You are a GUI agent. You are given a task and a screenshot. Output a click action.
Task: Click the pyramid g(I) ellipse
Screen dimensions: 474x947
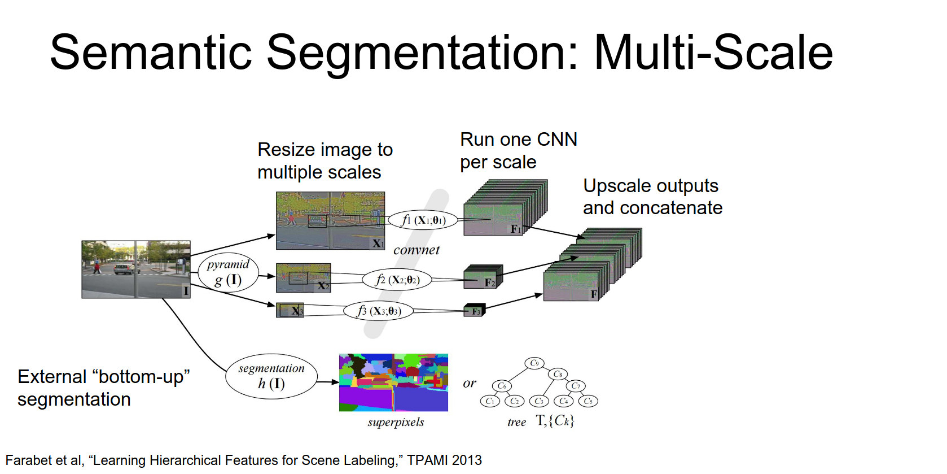(228, 273)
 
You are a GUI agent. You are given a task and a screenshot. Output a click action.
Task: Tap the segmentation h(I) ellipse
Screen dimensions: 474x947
(271, 376)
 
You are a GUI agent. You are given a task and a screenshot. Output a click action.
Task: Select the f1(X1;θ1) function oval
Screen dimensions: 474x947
(423, 220)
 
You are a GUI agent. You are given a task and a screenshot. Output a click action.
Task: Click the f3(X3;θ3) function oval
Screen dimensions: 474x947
(378, 311)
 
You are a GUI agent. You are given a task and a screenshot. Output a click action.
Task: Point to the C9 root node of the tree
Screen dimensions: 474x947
(534, 363)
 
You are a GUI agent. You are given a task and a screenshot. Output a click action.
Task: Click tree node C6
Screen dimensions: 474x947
(502, 386)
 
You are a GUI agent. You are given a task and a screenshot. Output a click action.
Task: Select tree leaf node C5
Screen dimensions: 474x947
(588, 401)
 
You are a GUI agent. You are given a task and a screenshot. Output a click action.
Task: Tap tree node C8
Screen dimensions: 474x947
(558, 374)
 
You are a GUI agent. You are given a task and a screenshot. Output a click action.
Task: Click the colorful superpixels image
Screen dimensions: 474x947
(393, 382)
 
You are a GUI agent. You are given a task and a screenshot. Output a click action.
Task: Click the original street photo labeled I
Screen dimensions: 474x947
(135, 269)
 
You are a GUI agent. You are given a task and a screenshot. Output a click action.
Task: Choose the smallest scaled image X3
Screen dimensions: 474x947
(290, 310)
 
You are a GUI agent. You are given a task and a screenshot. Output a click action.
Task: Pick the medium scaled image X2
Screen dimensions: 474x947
(303, 278)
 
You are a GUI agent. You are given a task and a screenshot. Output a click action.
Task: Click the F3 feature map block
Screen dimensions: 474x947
(474, 311)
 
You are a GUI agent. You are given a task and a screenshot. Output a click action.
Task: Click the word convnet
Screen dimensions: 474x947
(416, 250)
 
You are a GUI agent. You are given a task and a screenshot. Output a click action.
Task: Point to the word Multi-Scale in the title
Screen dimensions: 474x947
(713, 53)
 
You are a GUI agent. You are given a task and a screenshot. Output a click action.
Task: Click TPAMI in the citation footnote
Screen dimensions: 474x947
(428, 460)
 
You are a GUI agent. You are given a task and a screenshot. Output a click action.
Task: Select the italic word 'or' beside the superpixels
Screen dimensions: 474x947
(469, 383)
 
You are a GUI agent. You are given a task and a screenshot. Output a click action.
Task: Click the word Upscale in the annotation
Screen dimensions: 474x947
(616, 186)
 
